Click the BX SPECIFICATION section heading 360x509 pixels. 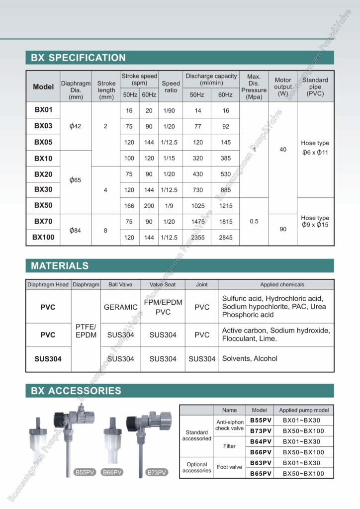click(78, 58)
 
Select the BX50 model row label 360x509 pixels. click(43, 205)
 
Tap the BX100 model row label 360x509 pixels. click(43, 238)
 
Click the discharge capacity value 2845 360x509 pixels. click(225, 238)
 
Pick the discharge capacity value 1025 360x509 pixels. click(197, 205)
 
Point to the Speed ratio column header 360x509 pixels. click(171, 87)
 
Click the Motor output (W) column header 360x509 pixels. click(283, 86)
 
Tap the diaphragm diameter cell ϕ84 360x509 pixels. click(75, 230)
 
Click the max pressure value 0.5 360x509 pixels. click(254, 221)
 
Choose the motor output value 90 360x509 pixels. click(283, 229)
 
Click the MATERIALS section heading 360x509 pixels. click(60, 266)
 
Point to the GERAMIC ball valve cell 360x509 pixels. click(120, 307)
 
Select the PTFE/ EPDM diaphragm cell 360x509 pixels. click(86, 331)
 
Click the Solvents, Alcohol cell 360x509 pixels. click(250, 358)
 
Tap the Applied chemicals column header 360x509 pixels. click(282, 285)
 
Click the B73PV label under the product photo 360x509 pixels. click(156, 472)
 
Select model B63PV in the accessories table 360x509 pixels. click(260, 463)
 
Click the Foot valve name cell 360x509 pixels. click(229, 467)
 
